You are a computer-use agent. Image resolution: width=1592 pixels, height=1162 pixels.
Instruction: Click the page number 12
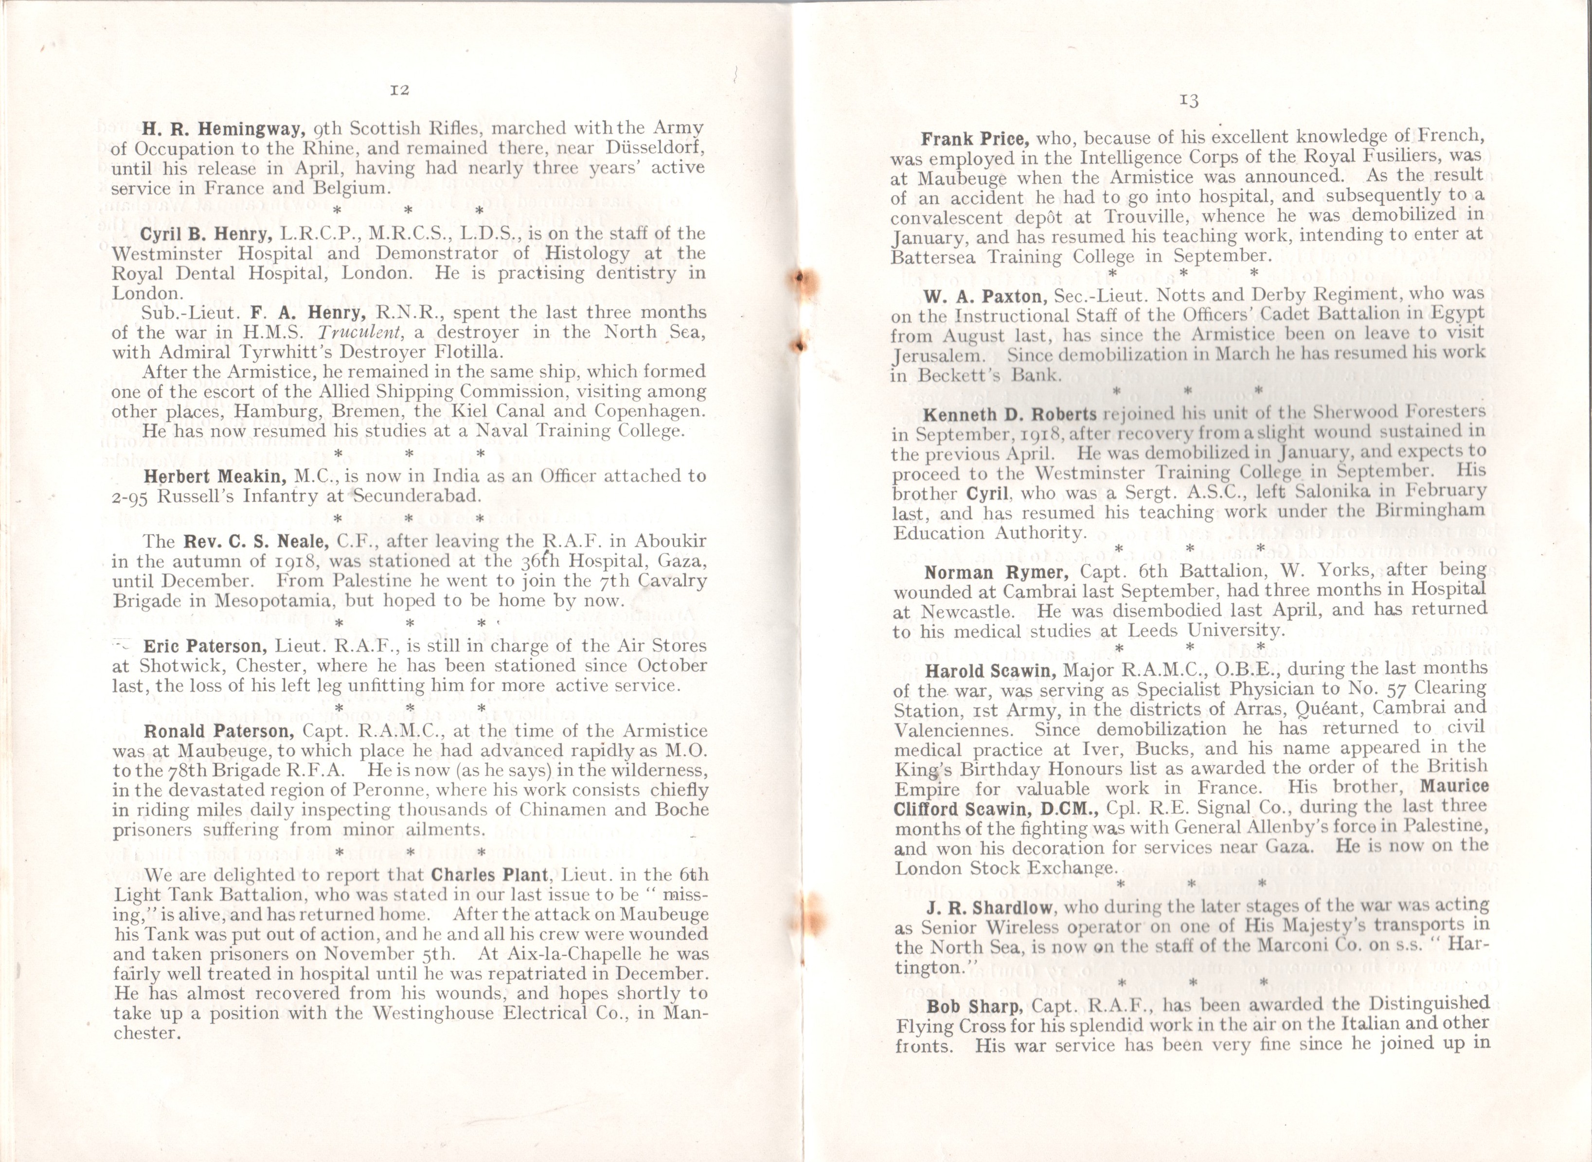pos(399,90)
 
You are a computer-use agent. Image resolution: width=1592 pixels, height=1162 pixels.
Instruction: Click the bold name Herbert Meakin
pos(215,476)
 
